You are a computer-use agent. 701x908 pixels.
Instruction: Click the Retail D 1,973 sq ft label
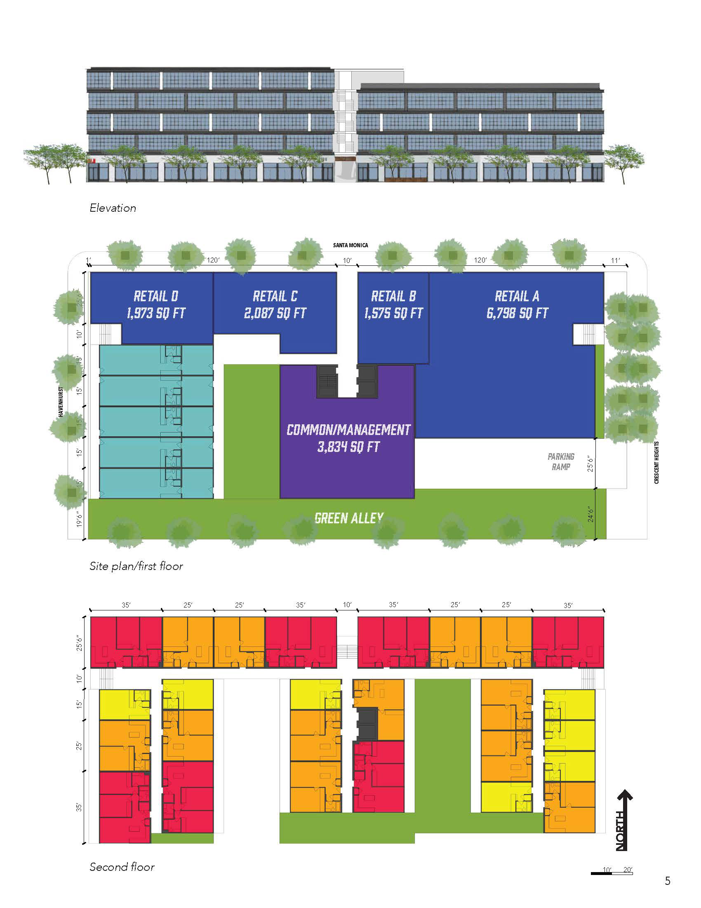click(x=156, y=305)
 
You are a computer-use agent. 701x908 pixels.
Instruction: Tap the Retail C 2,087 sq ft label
click(x=275, y=305)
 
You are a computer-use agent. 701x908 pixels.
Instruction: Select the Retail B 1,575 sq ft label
click(x=393, y=305)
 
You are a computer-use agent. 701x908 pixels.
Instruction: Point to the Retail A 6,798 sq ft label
click(x=517, y=305)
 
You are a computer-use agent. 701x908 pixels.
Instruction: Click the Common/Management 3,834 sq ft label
click(x=348, y=438)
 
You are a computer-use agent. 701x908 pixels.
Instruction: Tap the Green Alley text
click(x=349, y=518)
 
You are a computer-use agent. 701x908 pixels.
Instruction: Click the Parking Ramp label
click(x=561, y=461)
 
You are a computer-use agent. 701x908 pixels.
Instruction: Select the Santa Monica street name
click(x=350, y=245)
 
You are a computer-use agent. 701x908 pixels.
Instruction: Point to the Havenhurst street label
click(x=61, y=402)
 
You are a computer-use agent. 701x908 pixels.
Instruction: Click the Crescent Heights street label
click(x=656, y=462)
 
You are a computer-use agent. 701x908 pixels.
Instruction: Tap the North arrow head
click(x=625, y=795)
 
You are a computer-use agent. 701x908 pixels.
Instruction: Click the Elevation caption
click(x=113, y=208)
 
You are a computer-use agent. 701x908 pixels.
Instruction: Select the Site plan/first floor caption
click(x=136, y=566)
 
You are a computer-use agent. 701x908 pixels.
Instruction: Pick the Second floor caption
click(x=122, y=867)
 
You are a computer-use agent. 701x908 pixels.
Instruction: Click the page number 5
click(x=667, y=881)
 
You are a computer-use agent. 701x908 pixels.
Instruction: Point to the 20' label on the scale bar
click(x=628, y=869)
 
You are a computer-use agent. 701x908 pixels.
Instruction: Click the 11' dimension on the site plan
click(x=615, y=260)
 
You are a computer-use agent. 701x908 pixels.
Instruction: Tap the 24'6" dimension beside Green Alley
click(x=590, y=514)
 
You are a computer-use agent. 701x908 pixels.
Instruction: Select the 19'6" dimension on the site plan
click(x=79, y=520)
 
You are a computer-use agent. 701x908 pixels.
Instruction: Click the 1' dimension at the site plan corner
click(x=88, y=260)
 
